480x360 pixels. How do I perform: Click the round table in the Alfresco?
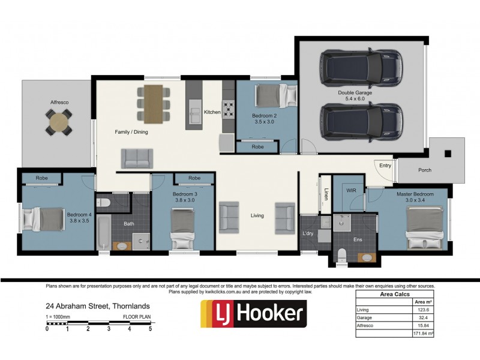pyautogui.click(x=59, y=122)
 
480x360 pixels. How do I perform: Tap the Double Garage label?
pyautogui.click(x=355, y=92)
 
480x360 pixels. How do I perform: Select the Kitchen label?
pyautogui.click(x=212, y=112)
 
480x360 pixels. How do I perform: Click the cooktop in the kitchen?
pyautogui.click(x=229, y=110)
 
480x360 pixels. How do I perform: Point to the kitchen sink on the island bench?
pyautogui.click(x=194, y=112)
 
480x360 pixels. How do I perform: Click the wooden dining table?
pyautogui.click(x=154, y=104)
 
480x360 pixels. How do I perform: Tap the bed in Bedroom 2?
pyautogui.click(x=276, y=95)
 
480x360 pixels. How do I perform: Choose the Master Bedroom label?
pyautogui.click(x=415, y=194)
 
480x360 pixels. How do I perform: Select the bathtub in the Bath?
pyautogui.click(x=103, y=232)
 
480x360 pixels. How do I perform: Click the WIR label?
pyautogui.click(x=351, y=190)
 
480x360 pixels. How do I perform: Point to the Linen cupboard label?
pyautogui.click(x=326, y=194)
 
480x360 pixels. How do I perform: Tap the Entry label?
pyautogui.click(x=385, y=166)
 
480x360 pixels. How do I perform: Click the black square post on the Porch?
pyautogui.click(x=448, y=154)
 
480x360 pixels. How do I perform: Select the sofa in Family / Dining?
pyautogui.click(x=137, y=158)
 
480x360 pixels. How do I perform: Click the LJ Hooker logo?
pyautogui.click(x=253, y=313)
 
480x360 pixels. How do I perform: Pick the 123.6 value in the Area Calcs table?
pyautogui.click(x=424, y=310)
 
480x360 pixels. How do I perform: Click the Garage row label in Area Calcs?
pyautogui.click(x=364, y=317)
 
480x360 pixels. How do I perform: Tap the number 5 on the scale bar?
pyautogui.click(x=151, y=329)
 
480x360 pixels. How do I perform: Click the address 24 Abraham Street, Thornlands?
pyautogui.click(x=98, y=306)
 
